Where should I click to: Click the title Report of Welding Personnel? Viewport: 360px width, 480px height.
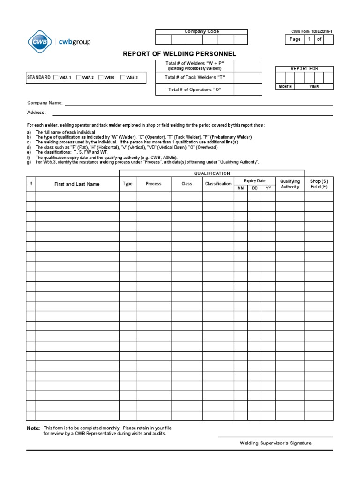(x=180, y=54)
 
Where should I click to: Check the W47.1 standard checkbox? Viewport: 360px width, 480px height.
(x=56, y=77)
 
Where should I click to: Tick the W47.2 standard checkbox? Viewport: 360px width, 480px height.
(x=79, y=77)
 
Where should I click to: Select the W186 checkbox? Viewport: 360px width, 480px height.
(x=101, y=77)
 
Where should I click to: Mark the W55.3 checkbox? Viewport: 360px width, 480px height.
(x=123, y=77)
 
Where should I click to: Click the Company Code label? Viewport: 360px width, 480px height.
(x=202, y=32)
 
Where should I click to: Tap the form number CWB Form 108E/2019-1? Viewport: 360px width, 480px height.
(x=312, y=32)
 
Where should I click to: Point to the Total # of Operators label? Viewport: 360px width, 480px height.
(x=195, y=90)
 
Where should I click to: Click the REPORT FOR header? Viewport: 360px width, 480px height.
(x=304, y=69)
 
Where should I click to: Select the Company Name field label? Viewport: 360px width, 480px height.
(x=45, y=103)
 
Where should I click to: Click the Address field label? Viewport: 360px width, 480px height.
(x=37, y=112)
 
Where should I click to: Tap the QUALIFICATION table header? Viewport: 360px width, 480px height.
(x=212, y=173)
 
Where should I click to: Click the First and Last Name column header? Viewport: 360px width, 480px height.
(x=77, y=184)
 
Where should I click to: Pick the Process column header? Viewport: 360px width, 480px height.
(x=153, y=184)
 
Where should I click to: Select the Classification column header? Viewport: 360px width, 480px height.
(x=218, y=184)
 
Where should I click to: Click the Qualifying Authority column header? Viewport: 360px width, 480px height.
(x=290, y=184)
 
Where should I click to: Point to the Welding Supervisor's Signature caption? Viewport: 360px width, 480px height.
(x=276, y=443)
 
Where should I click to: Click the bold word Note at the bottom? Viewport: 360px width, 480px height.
(x=33, y=428)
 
